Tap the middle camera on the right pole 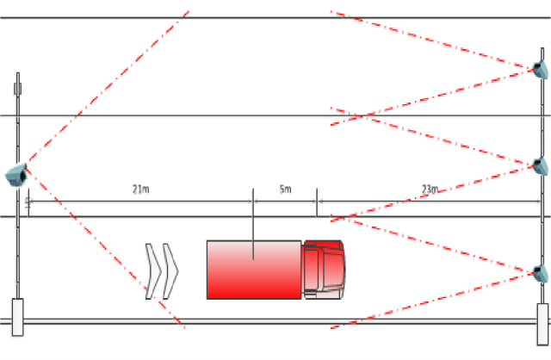tap(540, 165)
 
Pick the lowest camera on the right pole tap(540, 273)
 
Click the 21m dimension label tap(141, 189)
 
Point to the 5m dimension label tap(285, 189)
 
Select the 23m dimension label tap(430, 189)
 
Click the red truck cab tap(324, 269)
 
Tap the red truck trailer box tap(254, 270)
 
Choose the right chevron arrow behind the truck tap(170, 271)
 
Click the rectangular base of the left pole tap(17, 316)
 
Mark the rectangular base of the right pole tap(542, 323)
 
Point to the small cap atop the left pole tap(17, 87)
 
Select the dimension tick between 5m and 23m tap(317, 202)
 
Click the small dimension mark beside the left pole tap(28, 202)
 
